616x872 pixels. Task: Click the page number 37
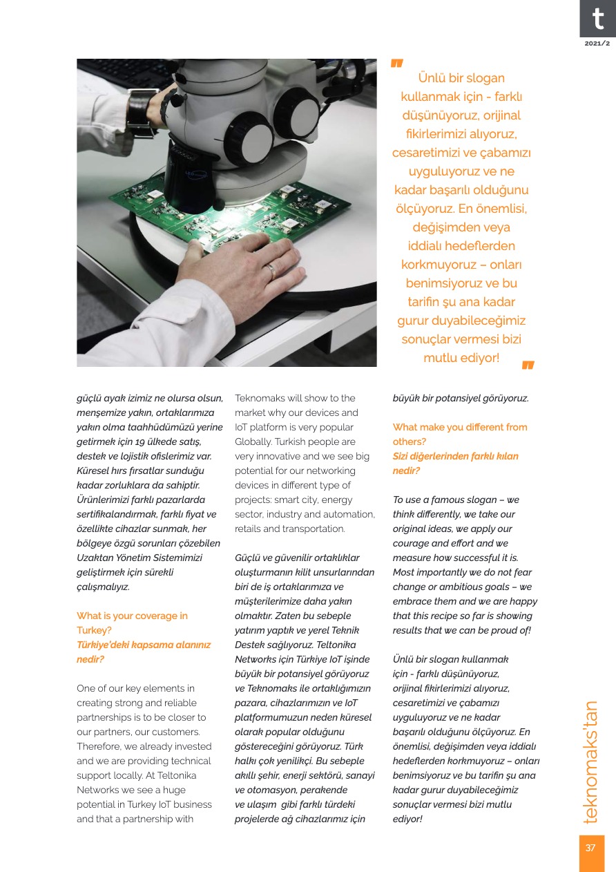tap(590, 848)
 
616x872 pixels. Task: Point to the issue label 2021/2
tap(597, 44)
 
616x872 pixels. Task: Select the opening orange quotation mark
tap(396, 64)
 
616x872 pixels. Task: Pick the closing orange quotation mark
tap(528, 365)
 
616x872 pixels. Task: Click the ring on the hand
tap(271, 271)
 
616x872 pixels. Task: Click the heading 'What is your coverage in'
tap(132, 616)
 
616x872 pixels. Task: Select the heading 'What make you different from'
tap(459, 427)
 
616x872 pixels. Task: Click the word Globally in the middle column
tap(253, 442)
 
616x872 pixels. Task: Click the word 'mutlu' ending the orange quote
tap(441, 358)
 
